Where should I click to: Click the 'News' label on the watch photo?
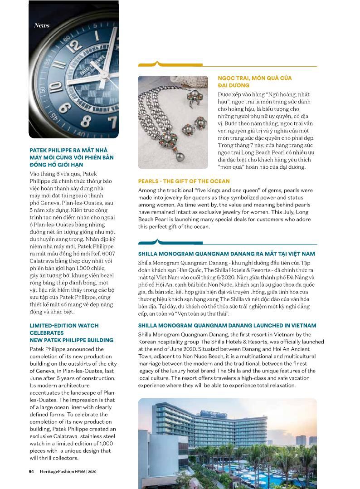point(42,25)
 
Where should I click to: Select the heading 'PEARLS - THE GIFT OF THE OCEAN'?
point(184,181)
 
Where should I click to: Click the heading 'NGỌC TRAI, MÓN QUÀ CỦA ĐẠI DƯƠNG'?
point(254,82)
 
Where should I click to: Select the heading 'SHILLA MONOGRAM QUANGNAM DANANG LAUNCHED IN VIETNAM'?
point(227,326)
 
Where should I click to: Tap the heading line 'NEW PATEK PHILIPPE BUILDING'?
point(71,340)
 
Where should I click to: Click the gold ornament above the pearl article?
point(157,64)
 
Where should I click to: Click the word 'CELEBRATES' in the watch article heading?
point(46,333)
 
